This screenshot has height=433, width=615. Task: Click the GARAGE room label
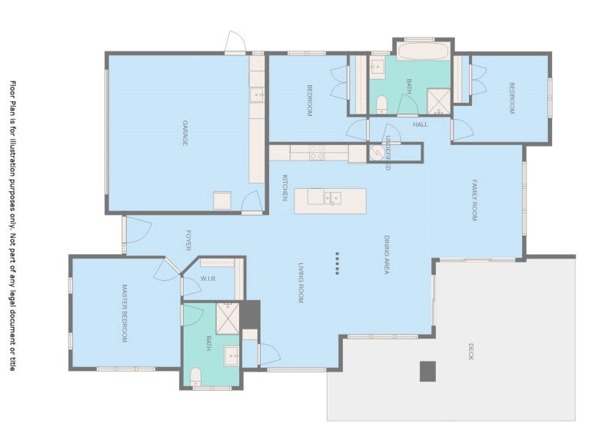coord(184,134)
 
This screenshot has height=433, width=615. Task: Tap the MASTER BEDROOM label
coord(125,313)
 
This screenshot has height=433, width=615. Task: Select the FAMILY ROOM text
coord(474,200)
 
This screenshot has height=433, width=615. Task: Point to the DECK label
coord(470,352)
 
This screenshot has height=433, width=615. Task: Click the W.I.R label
coord(208,279)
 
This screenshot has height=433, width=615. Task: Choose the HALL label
coord(420,124)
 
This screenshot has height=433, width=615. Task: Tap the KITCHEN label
coord(285,187)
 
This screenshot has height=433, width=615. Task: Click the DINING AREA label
coord(387,255)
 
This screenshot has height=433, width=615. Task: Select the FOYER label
coord(188,240)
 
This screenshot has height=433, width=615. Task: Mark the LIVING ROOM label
coord(301,283)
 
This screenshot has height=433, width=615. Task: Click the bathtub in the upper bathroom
coord(424,51)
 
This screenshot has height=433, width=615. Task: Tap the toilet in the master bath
coord(195,376)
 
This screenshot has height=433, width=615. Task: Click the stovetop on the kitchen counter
coord(317,153)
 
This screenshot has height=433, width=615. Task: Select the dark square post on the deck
coord(427,372)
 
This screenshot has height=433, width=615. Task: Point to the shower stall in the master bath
coord(228,318)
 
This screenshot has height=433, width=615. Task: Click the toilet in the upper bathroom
coord(381,105)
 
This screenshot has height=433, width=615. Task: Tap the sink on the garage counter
coord(257,95)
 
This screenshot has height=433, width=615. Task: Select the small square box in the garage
coord(222,200)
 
